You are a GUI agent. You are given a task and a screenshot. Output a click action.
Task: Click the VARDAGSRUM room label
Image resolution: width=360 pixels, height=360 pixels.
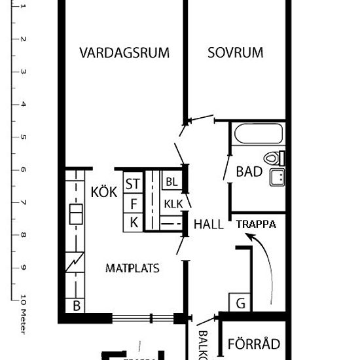(x=124, y=52)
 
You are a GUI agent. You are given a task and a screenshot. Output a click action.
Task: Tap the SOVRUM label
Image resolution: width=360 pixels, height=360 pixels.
(x=235, y=52)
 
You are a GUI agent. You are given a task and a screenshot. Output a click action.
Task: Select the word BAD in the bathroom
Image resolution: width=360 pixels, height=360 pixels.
(x=249, y=172)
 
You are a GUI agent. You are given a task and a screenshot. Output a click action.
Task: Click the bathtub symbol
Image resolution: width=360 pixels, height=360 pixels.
(x=258, y=135)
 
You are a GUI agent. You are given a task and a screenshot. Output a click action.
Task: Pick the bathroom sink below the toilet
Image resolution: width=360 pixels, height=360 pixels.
(x=277, y=177)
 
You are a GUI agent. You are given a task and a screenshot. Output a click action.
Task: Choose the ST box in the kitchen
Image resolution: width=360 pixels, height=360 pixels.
(x=133, y=184)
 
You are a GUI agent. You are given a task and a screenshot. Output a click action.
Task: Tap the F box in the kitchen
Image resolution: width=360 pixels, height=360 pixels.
(x=133, y=203)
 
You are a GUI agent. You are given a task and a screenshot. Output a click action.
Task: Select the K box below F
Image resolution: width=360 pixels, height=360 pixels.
(x=133, y=222)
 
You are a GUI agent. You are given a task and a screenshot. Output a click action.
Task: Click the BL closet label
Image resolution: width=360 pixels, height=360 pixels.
(x=171, y=181)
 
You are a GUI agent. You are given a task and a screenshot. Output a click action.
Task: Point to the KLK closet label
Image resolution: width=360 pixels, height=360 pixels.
(x=173, y=202)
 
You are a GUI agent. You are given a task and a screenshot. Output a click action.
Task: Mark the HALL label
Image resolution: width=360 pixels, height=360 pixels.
(x=208, y=224)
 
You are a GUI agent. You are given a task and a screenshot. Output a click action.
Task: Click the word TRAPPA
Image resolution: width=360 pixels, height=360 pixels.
(x=256, y=224)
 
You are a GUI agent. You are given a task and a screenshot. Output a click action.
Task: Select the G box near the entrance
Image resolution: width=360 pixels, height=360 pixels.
(x=240, y=303)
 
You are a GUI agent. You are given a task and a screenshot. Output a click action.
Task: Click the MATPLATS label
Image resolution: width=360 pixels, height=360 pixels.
(x=133, y=268)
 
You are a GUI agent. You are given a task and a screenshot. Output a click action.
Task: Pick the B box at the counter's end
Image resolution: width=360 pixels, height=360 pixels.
(x=76, y=306)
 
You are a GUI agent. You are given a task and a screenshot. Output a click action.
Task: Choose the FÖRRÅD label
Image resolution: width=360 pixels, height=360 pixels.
(x=254, y=344)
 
